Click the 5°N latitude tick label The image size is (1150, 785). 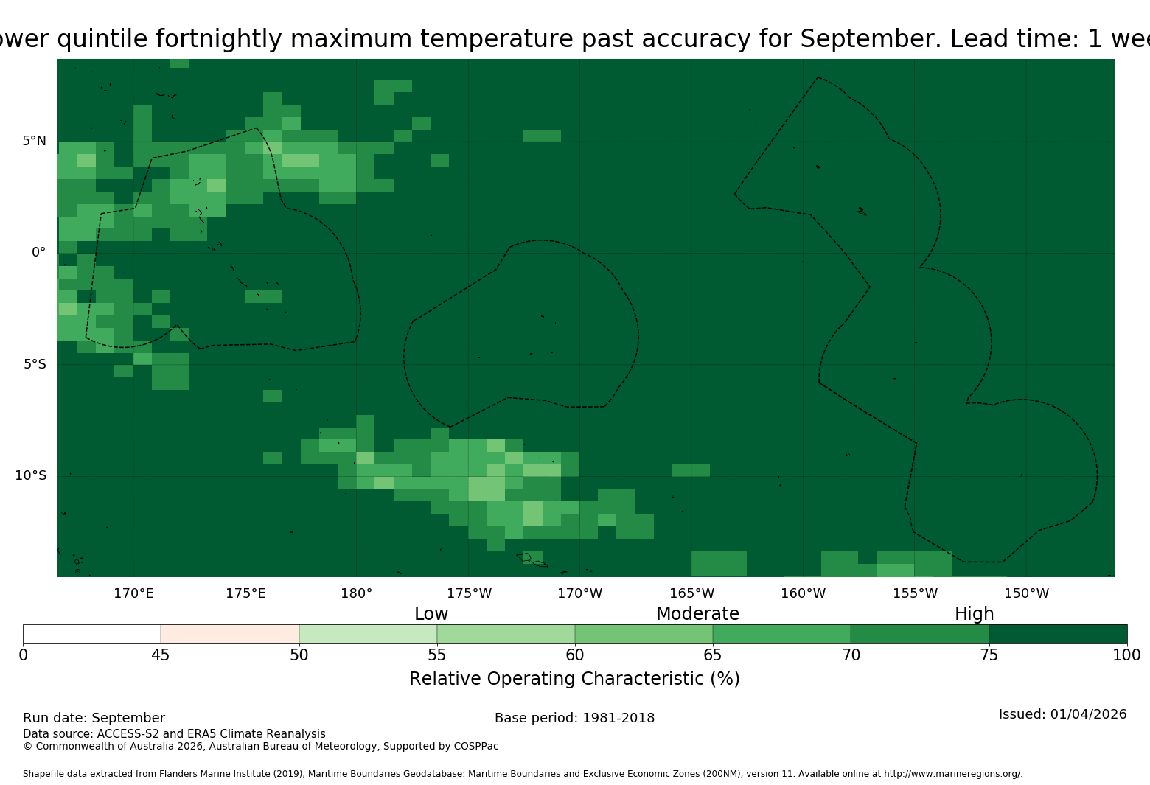34,141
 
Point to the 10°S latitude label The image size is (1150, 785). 30,475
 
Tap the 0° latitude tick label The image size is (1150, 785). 38,252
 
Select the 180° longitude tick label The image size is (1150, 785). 356,593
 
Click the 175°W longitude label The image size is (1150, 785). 470,593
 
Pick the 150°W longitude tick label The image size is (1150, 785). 1026,593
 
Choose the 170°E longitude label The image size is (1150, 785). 133,593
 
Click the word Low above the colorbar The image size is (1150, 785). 431,613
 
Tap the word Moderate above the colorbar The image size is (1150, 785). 697,613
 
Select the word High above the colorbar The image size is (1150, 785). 975,613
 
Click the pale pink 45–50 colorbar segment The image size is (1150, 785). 230,634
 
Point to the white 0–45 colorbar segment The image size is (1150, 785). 92,634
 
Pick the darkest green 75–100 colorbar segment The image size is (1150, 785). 1058,634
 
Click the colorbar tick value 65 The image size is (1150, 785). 713,655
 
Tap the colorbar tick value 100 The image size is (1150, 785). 1127,655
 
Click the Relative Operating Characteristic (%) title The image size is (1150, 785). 574,679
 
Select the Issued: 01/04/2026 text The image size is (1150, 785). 1063,714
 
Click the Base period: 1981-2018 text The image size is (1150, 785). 574,718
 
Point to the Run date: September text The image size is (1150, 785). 94,718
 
